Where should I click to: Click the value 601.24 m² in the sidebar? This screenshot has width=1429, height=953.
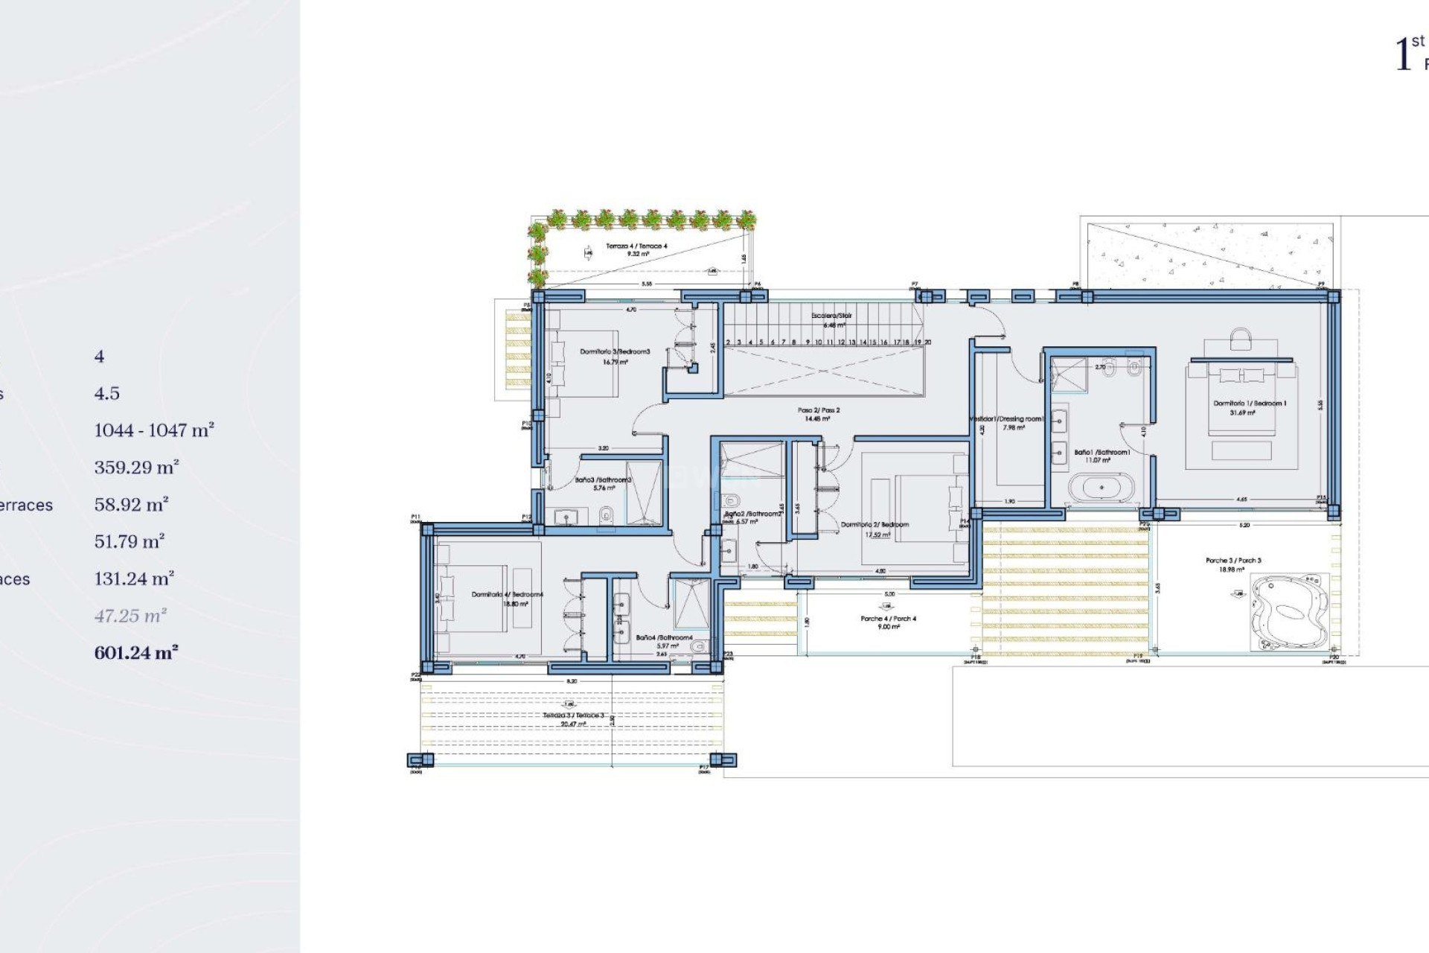(136, 653)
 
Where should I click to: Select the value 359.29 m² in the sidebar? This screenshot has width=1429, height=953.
(136, 468)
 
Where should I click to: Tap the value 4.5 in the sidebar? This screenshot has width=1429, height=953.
(106, 393)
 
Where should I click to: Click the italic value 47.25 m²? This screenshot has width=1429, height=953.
(130, 616)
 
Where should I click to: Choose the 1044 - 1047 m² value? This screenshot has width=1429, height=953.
(154, 430)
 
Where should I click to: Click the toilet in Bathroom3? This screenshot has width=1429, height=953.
(607, 514)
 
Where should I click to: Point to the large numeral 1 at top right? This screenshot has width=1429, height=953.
(1403, 54)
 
